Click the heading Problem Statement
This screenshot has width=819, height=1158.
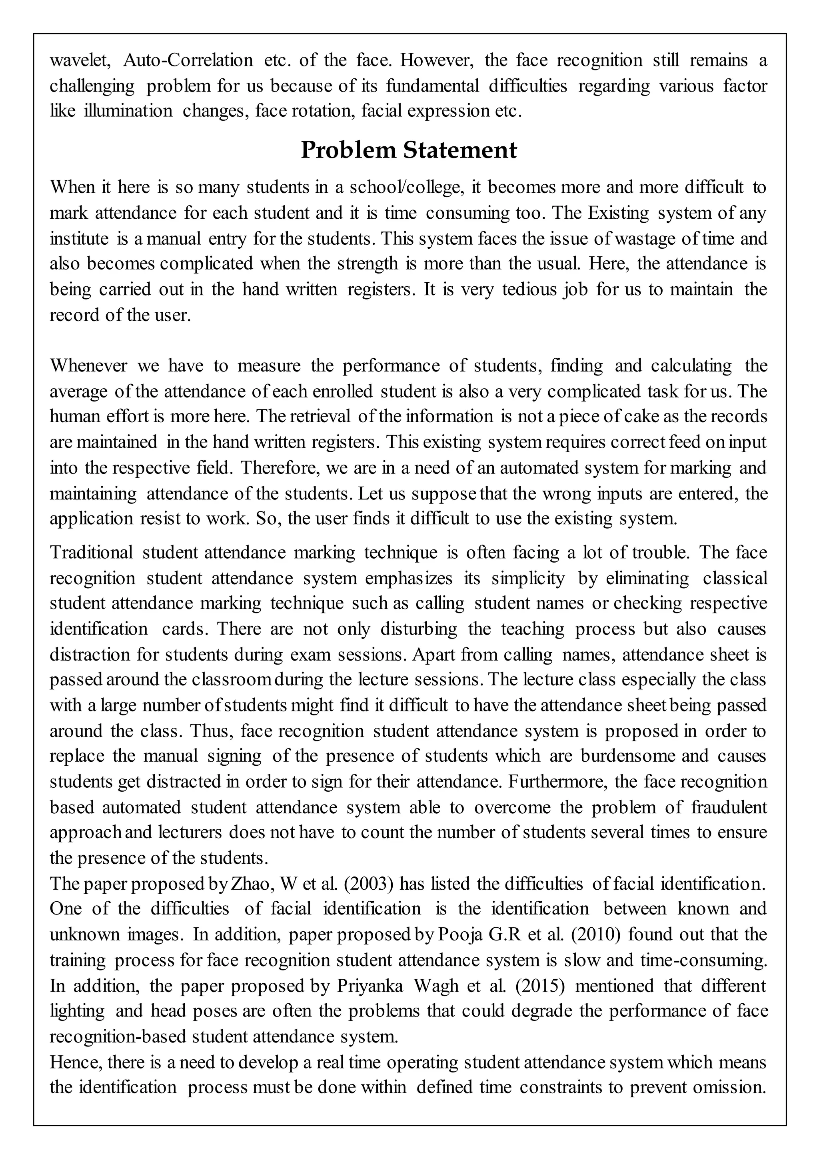pyautogui.click(x=409, y=150)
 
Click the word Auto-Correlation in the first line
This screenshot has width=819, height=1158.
pyautogui.click(x=188, y=60)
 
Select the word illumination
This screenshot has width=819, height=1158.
pyautogui.click(x=128, y=111)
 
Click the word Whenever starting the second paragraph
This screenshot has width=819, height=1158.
pyautogui.click(x=88, y=365)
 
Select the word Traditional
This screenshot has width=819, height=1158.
pyautogui.click(x=91, y=552)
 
